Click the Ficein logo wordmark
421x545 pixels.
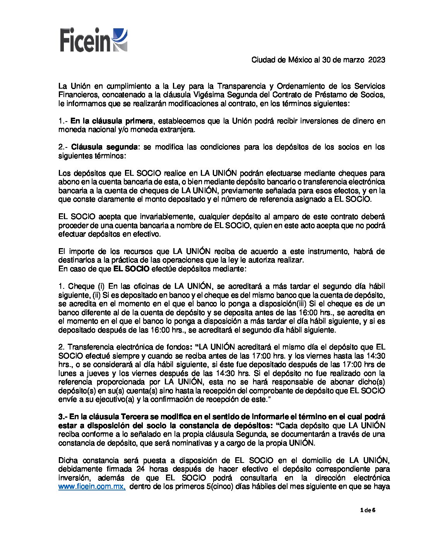85,40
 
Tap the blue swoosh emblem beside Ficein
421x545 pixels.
120,39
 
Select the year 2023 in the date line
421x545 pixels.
377,60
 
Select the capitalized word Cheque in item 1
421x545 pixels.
81,286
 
